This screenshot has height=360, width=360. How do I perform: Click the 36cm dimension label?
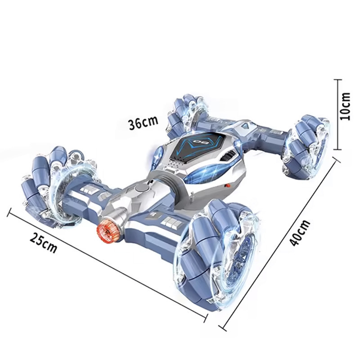(x=144, y=123)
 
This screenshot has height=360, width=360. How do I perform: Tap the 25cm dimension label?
(x=43, y=243)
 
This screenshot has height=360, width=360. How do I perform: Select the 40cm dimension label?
(x=300, y=233)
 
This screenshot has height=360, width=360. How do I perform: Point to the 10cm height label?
(x=345, y=106)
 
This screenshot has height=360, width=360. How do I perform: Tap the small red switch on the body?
(x=228, y=185)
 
